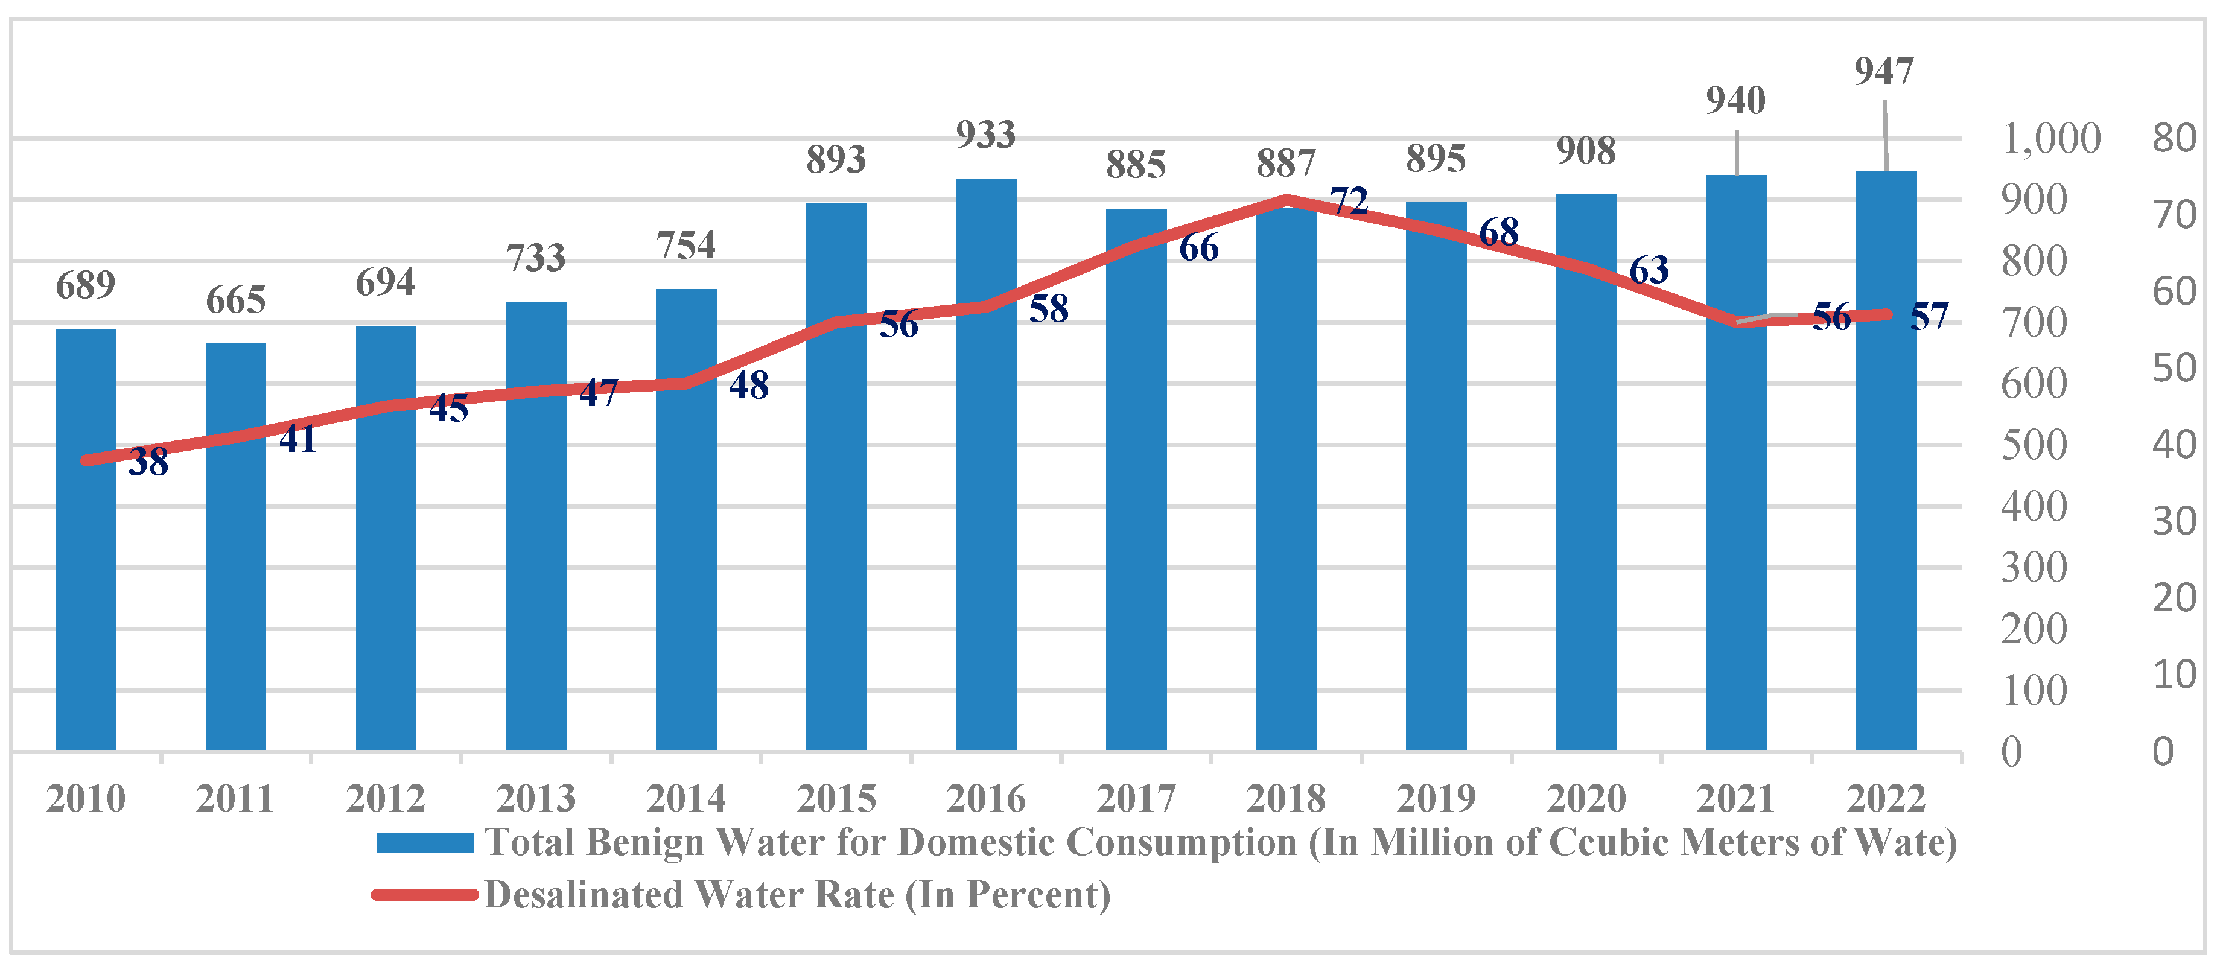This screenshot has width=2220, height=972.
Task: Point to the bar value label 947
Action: pos(1884,72)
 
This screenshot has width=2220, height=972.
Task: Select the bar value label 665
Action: pos(235,300)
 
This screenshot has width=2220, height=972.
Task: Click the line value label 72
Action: pos(1349,202)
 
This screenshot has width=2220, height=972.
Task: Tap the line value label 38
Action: pos(148,463)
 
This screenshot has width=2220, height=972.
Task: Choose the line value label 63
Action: pos(1649,270)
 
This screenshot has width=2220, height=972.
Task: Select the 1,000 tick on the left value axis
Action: pos(2051,139)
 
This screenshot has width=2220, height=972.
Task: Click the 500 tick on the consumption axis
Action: pos(2034,445)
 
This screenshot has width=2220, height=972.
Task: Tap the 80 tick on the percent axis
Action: pos(2174,139)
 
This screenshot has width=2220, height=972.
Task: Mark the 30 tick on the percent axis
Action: pos(2174,522)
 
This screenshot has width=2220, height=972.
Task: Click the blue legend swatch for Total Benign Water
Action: pos(424,843)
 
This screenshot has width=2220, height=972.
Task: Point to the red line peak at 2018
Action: pos(1286,200)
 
